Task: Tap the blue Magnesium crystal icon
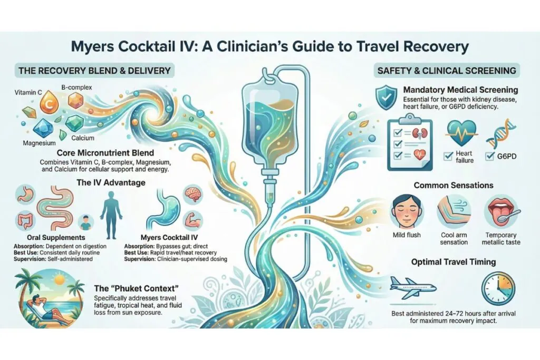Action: tap(40, 128)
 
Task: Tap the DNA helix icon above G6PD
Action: tap(499, 133)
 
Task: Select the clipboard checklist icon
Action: tap(406, 143)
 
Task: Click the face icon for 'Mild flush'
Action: tap(406, 211)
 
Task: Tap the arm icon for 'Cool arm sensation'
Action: tap(454, 211)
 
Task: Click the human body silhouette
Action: tap(111, 211)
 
